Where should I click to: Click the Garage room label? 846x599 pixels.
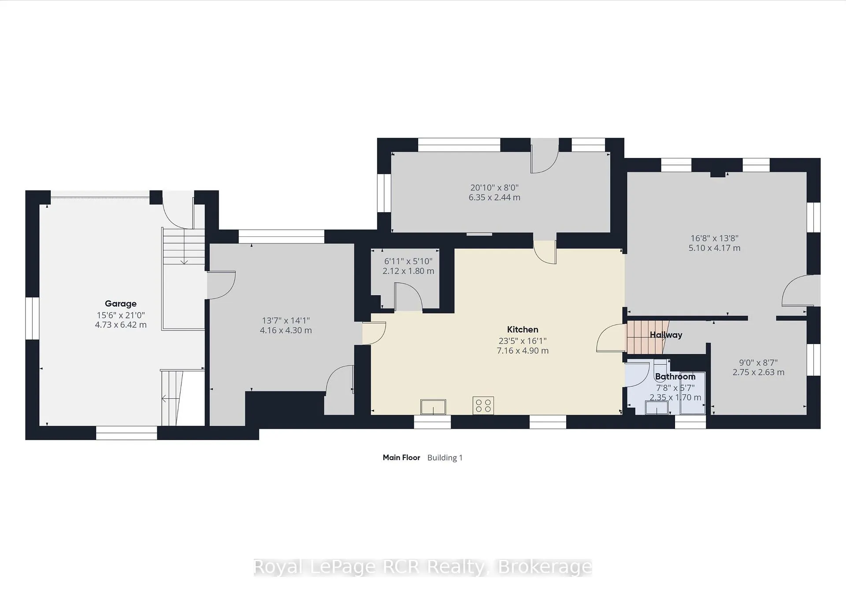click(121, 303)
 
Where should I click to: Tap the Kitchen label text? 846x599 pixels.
click(523, 329)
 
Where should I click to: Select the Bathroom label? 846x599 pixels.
click(675, 377)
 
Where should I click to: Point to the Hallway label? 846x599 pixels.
click(666, 335)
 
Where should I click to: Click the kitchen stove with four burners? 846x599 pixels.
click(483, 405)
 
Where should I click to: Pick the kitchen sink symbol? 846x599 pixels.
click(433, 407)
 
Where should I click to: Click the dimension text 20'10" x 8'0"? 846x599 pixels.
click(494, 187)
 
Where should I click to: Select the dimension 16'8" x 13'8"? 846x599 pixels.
click(714, 238)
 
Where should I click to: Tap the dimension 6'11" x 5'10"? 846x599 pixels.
click(408, 262)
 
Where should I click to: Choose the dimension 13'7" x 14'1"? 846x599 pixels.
click(286, 321)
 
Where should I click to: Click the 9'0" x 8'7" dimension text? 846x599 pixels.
click(758, 363)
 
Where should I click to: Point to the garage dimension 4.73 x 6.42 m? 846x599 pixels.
click(121, 325)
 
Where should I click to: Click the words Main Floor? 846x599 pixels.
click(401, 457)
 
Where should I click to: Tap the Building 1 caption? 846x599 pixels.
click(445, 458)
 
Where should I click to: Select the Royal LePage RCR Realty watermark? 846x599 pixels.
click(423, 567)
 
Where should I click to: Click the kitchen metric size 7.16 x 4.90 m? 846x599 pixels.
click(523, 351)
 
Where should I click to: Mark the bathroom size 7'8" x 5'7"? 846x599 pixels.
click(675, 388)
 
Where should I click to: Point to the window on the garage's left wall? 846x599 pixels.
click(32, 318)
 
